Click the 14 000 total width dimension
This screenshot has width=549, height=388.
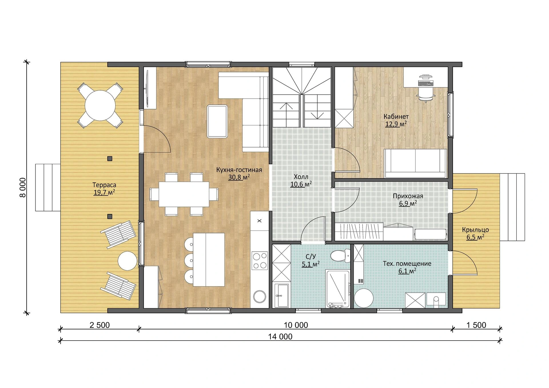click(280, 337)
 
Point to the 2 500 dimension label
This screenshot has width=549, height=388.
click(100, 325)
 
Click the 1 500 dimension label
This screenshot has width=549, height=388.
click(476, 325)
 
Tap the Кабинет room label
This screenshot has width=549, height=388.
click(396, 117)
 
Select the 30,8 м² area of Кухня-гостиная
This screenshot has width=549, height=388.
click(239, 177)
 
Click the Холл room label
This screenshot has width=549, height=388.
click(301, 177)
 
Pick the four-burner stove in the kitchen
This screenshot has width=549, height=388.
click(260, 261)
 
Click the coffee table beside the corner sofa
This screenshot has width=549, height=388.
click(217, 121)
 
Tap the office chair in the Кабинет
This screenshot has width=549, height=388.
click(426, 94)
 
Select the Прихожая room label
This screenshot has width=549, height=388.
click(408, 196)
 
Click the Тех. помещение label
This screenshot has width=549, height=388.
click(407, 264)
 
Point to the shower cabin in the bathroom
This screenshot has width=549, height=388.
click(338, 289)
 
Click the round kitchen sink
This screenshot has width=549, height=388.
click(260, 297)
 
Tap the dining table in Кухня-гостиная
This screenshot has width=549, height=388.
click(184, 194)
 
